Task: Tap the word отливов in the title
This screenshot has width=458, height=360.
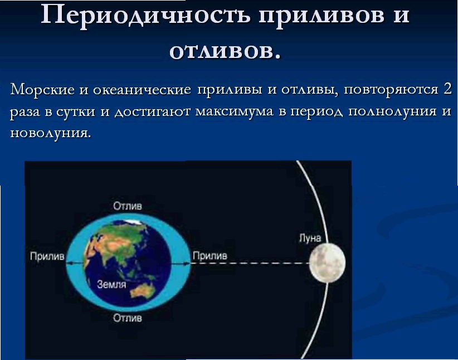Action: [x=225, y=52]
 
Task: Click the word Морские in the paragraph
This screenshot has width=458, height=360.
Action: [x=42, y=89]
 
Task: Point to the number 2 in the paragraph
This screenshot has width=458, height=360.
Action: [x=447, y=89]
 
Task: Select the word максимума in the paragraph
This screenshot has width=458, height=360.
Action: [x=234, y=111]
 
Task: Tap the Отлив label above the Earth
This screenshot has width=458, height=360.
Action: [x=128, y=206]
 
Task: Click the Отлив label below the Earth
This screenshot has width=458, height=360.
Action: [x=128, y=318]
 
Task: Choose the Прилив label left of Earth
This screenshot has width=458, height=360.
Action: [x=47, y=256]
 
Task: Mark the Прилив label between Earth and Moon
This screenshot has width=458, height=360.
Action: [x=209, y=256]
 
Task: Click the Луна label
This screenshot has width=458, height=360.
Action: [x=310, y=238]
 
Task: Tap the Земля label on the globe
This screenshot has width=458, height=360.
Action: [x=111, y=284]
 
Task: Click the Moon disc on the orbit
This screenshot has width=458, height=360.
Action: [x=327, y=262]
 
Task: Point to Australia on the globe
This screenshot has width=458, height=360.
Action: [x=142, y=290]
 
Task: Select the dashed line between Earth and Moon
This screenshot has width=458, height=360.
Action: [x=250, y=263]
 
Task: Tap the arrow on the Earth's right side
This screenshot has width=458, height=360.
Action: [x=180, y=263]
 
